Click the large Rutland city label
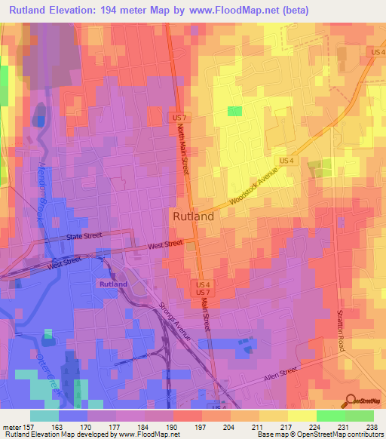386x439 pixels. coord(194,216)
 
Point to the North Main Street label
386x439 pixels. coord(183,152)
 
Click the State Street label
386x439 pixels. coord(85,236)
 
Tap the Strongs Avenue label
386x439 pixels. coord(173,322)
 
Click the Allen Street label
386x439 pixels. coord(282,377)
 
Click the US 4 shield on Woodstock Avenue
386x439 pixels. coord(286,161)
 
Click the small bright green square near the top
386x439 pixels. coord(235,112)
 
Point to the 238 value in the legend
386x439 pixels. coord(372,427)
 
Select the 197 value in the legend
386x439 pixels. coord(201,427)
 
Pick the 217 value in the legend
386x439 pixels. coord(287,427)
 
